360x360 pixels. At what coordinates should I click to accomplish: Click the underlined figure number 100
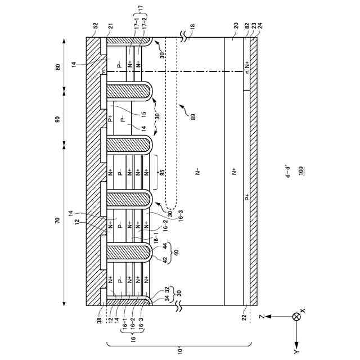[302, 169]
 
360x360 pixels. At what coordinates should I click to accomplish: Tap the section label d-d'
[287, 170]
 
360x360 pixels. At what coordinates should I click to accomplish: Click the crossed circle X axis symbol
[296, 318]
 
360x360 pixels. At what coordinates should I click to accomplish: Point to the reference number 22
[244, 318]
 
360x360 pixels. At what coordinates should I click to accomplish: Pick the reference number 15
[128, 114]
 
